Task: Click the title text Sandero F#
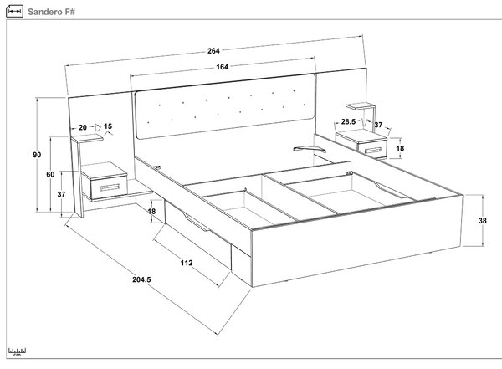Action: point(51,12)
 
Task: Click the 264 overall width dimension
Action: point(213,51)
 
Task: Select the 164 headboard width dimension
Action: point(223,67)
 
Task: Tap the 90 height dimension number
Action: point(37,155)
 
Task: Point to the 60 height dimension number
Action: point(50,174)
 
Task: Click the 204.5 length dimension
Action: point(141,279)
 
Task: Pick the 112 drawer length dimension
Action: point(187,263)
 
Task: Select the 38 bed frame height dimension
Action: point(483,220)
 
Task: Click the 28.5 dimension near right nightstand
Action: point(348,121)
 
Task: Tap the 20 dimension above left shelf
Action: point(83,127)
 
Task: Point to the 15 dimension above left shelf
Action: point(108,126)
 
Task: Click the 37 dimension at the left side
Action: point(61,194)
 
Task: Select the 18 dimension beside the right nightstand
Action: point(400,148)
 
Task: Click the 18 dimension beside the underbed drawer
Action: point(151,211)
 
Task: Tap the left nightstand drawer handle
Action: point(110,187)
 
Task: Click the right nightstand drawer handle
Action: point(373,151)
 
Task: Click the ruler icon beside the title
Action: point(14,12)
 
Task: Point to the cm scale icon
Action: point(17,351)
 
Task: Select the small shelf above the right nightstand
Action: point(361,106)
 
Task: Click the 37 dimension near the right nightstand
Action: point(378,125)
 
